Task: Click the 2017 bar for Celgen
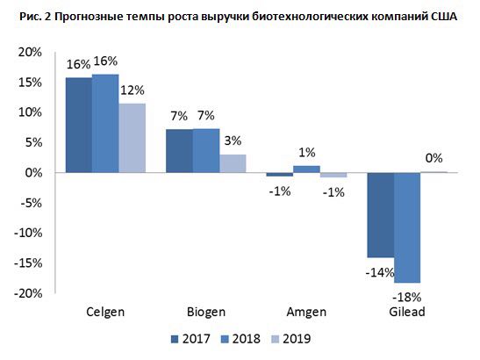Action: click(79, 125)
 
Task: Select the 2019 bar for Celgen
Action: click(133, 138)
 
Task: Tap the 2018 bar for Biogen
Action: click(206, 151)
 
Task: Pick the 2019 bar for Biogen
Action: click(233, 163)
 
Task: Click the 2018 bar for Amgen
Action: click(306, 169)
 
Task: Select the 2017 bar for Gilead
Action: click(381, 215)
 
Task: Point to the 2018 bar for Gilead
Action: click(407, 227)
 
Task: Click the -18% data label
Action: click(407, 297)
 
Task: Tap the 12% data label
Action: click(133, 90)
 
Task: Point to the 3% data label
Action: click(233, 140)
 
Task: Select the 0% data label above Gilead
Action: click(434, 158)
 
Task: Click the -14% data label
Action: click(380, 272)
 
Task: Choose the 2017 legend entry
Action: click(190, 339)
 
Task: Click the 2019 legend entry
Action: click(291, 339)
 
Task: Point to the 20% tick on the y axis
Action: click(30, 53)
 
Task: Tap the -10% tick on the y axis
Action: click(28, 234)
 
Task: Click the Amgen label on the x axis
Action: click(306, 313)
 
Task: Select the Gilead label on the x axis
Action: click(407, 312)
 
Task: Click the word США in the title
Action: click(444, 16)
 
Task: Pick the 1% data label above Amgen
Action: click(307, 152)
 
